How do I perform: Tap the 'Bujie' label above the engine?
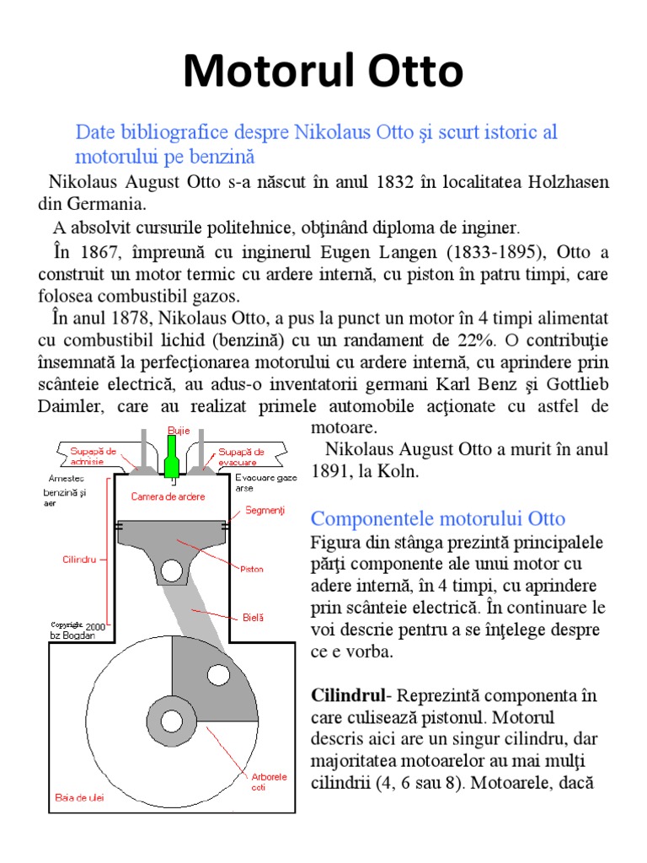pos(178,431)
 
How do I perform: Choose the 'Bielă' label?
pos(253,617)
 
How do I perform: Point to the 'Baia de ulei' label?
pos(79,797)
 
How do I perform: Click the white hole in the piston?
pos(173,571)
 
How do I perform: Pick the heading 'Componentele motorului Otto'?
pos(438,518)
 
